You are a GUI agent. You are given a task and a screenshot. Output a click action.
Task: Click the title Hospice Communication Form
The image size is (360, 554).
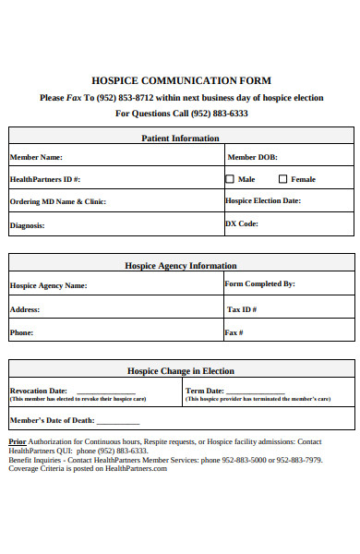click(x=181, y=80)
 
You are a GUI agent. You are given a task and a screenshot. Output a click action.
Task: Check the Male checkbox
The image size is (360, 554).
click(x=230, y=179)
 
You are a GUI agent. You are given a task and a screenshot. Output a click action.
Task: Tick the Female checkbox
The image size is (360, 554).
click(x=283, y=179)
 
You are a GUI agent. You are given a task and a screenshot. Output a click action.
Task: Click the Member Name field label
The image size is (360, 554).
click(x=36, y=157)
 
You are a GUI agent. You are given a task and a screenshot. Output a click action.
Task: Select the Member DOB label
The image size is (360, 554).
click(x=252, y=157)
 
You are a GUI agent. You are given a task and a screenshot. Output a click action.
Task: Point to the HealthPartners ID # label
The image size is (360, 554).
click(x=44, y=179)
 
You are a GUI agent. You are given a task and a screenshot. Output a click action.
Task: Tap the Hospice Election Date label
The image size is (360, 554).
click(x=262, y=200)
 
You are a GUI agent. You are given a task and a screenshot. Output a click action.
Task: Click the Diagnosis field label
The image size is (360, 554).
click(x=27, y=224)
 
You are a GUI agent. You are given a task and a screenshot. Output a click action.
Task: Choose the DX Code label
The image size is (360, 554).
click(x=242, y=223)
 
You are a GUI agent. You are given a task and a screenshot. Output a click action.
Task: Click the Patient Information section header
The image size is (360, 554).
click(x=181, y=138)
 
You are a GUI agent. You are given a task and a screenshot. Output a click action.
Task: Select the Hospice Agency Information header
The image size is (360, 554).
click(x=181, y=265)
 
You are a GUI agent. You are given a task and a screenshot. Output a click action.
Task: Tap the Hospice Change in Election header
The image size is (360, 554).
click(x=181, y=370)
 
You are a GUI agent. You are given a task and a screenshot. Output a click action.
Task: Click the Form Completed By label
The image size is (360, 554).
click(x=259, y=284)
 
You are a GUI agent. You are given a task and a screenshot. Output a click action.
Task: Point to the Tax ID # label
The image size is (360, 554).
click(x=241, y=309)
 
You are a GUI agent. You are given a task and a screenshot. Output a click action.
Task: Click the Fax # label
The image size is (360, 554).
click(x=234, y=332)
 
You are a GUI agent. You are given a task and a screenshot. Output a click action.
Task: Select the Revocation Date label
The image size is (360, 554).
click(x=38, y=391)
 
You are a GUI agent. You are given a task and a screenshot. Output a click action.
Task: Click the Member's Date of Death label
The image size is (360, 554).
click(x=52, y=420)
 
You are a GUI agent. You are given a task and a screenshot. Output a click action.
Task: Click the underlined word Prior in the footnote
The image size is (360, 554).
click(x=18, y=442)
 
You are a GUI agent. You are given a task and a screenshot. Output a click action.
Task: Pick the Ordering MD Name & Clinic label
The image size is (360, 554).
click(x=57, y=201)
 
